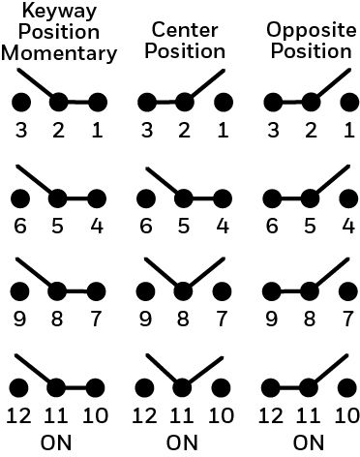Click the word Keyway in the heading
tap(59, 13)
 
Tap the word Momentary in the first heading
tap(59, 53)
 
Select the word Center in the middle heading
tap(185, 30)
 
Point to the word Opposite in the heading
tap(312, 31)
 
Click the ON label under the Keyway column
tap(56, 442)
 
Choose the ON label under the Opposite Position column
tap(309, 442)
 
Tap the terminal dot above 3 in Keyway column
tap(21, 103)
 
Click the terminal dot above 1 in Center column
tap(224, 103)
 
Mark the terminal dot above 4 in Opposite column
tap(348, 198)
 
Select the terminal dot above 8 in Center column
tap(183, 291)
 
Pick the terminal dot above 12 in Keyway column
tap(18, 387)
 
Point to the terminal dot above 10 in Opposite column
tap(347, 387)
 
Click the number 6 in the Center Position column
tap(146, 226)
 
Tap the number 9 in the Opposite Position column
tap(271, 319)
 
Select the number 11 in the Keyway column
tap(56, 415)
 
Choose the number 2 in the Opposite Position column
tap(311, 130)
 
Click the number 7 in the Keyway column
tap(96, 319)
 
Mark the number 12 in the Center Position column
tap(145, 415)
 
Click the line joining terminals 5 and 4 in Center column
tap(203, 198)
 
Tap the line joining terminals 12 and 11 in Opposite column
tap(289, 387)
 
